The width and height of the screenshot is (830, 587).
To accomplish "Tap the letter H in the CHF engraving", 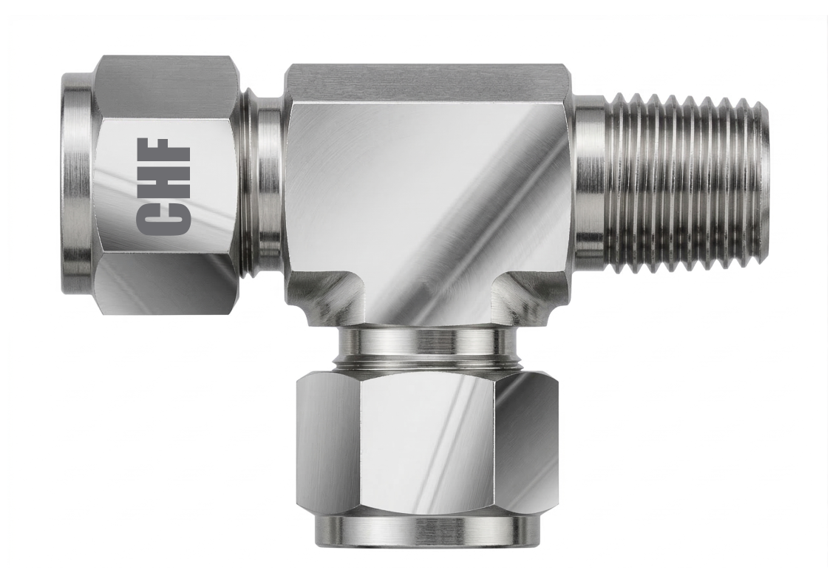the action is pyautogui.click(x=163, y=179).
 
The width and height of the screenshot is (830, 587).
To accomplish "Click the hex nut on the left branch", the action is pyautogui.click(x=164, y=188).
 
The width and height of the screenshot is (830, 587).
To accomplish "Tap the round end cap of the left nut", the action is pyautogui.click(x=78, y=180).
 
